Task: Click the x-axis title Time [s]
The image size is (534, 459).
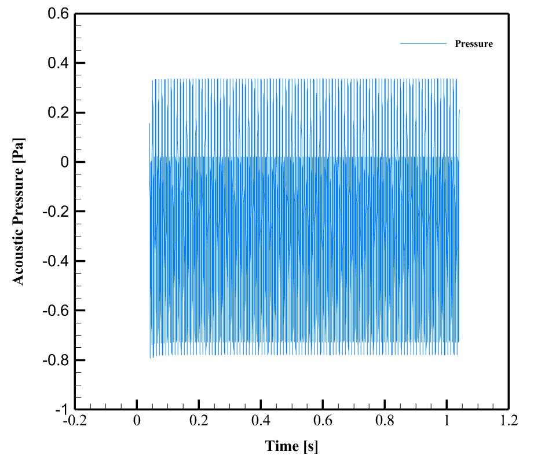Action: (x=292, y=446)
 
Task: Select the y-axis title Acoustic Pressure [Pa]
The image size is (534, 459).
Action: (x=20, y=212)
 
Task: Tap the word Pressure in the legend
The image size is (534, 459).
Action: (x=474, y=44)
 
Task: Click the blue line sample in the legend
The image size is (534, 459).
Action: (x=423, y=44)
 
